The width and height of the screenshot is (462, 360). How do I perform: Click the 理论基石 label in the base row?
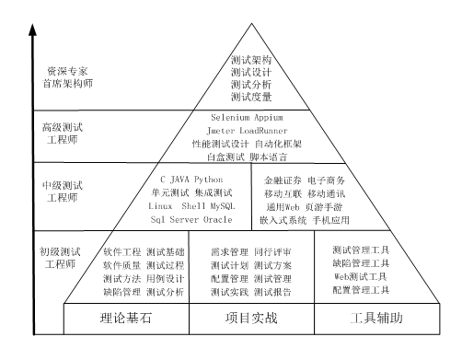click(126, 320)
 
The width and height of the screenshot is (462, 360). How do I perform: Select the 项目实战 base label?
click(251, 320)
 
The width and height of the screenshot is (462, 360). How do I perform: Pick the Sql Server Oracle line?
click(192, 221)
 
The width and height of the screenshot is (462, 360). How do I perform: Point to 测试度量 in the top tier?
click(250, 97)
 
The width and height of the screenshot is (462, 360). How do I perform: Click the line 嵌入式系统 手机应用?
click(305, 221)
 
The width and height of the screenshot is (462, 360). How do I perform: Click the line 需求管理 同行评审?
click(251, 250)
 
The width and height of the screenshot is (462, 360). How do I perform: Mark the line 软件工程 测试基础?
click(144, 250)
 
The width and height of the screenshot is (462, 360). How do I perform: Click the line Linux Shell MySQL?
click(192, 207)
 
